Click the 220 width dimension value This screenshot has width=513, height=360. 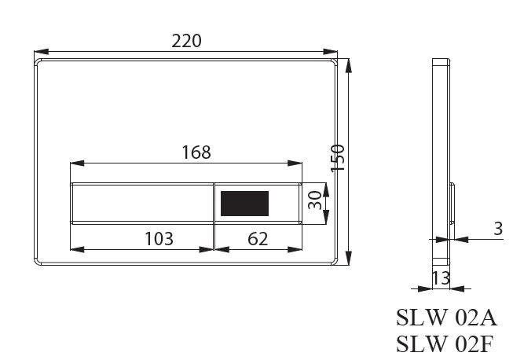coord(186,41)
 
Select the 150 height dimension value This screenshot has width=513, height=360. coord(337,159)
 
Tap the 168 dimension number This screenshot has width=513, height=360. coord(196,152)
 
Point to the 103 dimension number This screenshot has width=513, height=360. coord(159,239)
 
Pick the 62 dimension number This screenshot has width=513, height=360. coord(258,239)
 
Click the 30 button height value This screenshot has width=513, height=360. coord(315,200)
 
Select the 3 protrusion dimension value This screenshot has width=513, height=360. coord(498,229)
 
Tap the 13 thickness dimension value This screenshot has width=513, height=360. coord(441,277)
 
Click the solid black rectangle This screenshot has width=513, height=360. coord(245,204)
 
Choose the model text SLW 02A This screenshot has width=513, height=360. coord(446,318)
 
